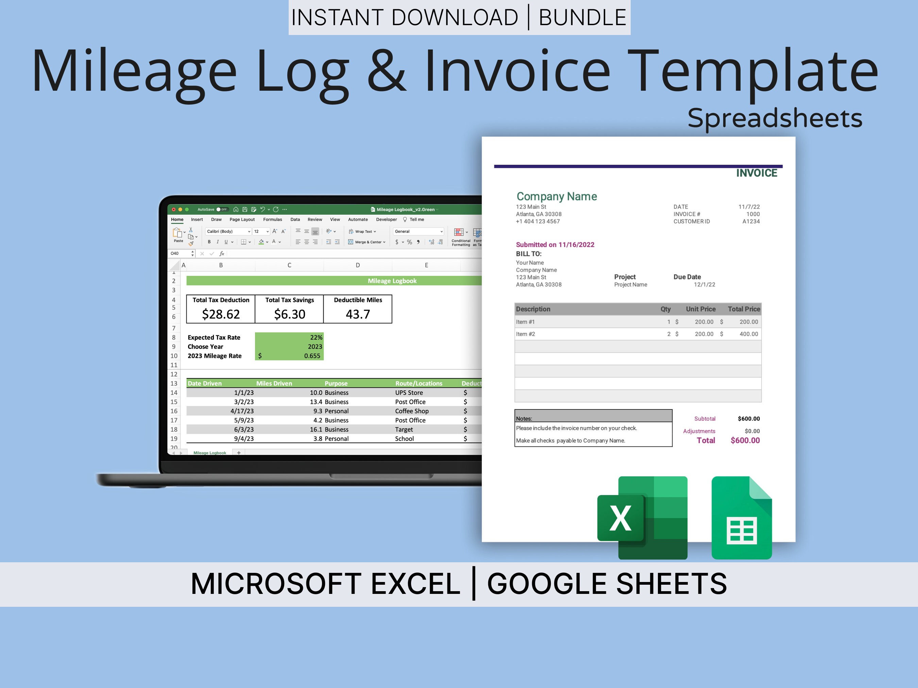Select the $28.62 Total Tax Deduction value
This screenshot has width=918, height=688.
(221, 314)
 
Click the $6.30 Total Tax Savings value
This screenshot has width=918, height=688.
(290, 314)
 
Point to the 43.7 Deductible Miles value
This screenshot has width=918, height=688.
(358, 314)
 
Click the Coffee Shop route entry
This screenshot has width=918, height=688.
(412, 411)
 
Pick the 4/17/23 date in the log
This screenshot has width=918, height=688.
(242, 411)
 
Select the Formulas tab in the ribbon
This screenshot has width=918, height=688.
(273, 219)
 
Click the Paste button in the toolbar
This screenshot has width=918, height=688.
(178, 235)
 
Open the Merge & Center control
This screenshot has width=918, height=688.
(367, 242)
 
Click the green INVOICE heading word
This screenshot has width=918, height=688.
(756, 173)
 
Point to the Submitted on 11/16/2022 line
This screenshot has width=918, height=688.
(555, 245)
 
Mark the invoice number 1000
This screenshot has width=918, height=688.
(753, 214)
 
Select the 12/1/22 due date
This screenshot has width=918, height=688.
(705, 284)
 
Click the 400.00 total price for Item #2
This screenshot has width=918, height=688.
(749, 334)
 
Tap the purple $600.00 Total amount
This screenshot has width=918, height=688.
(745, 440)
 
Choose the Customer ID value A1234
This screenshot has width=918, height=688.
(751, 222)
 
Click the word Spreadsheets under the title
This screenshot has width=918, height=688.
(775, 119)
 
